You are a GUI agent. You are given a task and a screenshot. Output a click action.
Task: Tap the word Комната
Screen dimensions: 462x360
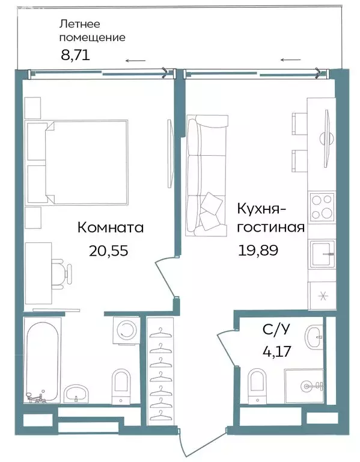pyautogui.click(x=110, y=228)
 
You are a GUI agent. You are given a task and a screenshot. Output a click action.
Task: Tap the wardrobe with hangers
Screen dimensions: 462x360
pyautogui.click(x=160, y=369)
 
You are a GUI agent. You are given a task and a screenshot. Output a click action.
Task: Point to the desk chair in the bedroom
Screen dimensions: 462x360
pyautogui.click(x=60, y=273)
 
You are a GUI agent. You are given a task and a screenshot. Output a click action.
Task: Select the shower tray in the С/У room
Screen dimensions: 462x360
pyautogui.click(x=305, y=386)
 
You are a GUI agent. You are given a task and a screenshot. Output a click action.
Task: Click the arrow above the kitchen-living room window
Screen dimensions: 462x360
pyautogui.click(x=291, y=60)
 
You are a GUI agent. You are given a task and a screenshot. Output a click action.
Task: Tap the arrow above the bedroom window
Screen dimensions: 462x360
pyautogui.click(x=135, y=60)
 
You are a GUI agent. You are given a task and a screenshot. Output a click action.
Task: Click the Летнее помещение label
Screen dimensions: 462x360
pyautogui.click(x=92, y=31)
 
